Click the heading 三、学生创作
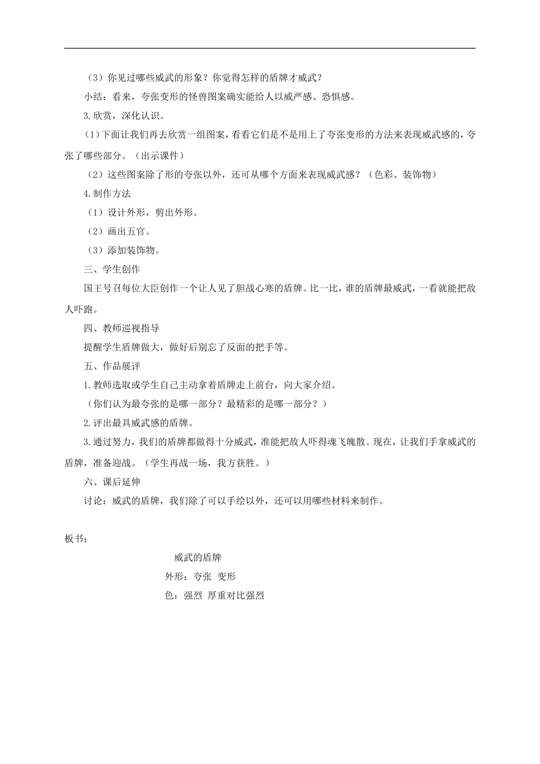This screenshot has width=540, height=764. pos(112,269)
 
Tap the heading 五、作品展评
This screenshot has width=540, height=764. pos(112,366)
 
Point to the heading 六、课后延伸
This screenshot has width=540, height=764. pos(112,481)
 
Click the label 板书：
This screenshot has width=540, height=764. pos(77,539)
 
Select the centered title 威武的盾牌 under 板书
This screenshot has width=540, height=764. pos(197,558)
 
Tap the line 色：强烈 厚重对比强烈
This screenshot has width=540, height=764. pos(214,596)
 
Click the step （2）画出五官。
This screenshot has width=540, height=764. pos(118,231)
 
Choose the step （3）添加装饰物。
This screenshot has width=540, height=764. pos(122,250)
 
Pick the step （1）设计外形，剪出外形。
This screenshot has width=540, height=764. pos(141,213)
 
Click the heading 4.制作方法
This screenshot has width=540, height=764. pos(107,193)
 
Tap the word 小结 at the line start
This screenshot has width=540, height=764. pos(93,97)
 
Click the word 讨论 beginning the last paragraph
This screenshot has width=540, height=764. pos(93,501)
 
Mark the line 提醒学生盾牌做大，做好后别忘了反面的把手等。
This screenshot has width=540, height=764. pos(186,347)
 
